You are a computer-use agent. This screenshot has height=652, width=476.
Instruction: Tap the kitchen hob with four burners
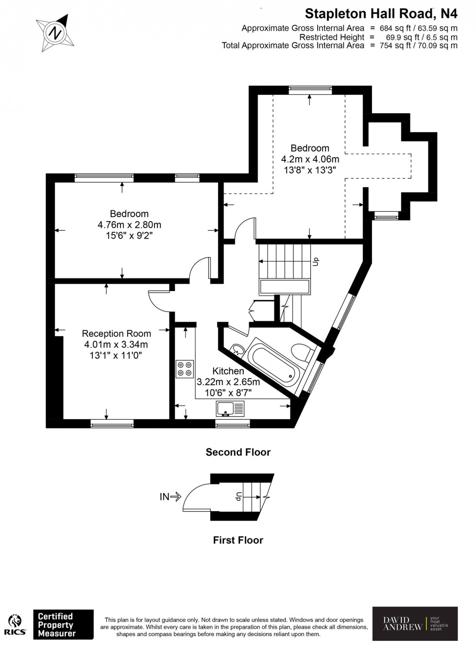(185, 369)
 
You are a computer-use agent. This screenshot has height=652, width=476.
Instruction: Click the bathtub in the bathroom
(272, 364)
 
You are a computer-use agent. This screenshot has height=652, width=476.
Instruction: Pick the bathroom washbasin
(238, 349)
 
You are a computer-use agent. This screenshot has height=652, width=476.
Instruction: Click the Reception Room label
(116, 333)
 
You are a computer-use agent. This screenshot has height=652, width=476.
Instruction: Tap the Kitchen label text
(228, 371)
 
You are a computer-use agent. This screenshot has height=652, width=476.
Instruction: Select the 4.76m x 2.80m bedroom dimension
(129, 225)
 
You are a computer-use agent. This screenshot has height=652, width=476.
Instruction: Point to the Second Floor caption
(238, 452)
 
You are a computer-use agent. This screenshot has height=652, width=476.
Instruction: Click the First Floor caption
(238, 540)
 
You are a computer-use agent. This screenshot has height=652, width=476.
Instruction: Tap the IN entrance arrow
(170, 497)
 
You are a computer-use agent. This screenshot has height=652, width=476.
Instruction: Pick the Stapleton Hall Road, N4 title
(381, 13)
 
